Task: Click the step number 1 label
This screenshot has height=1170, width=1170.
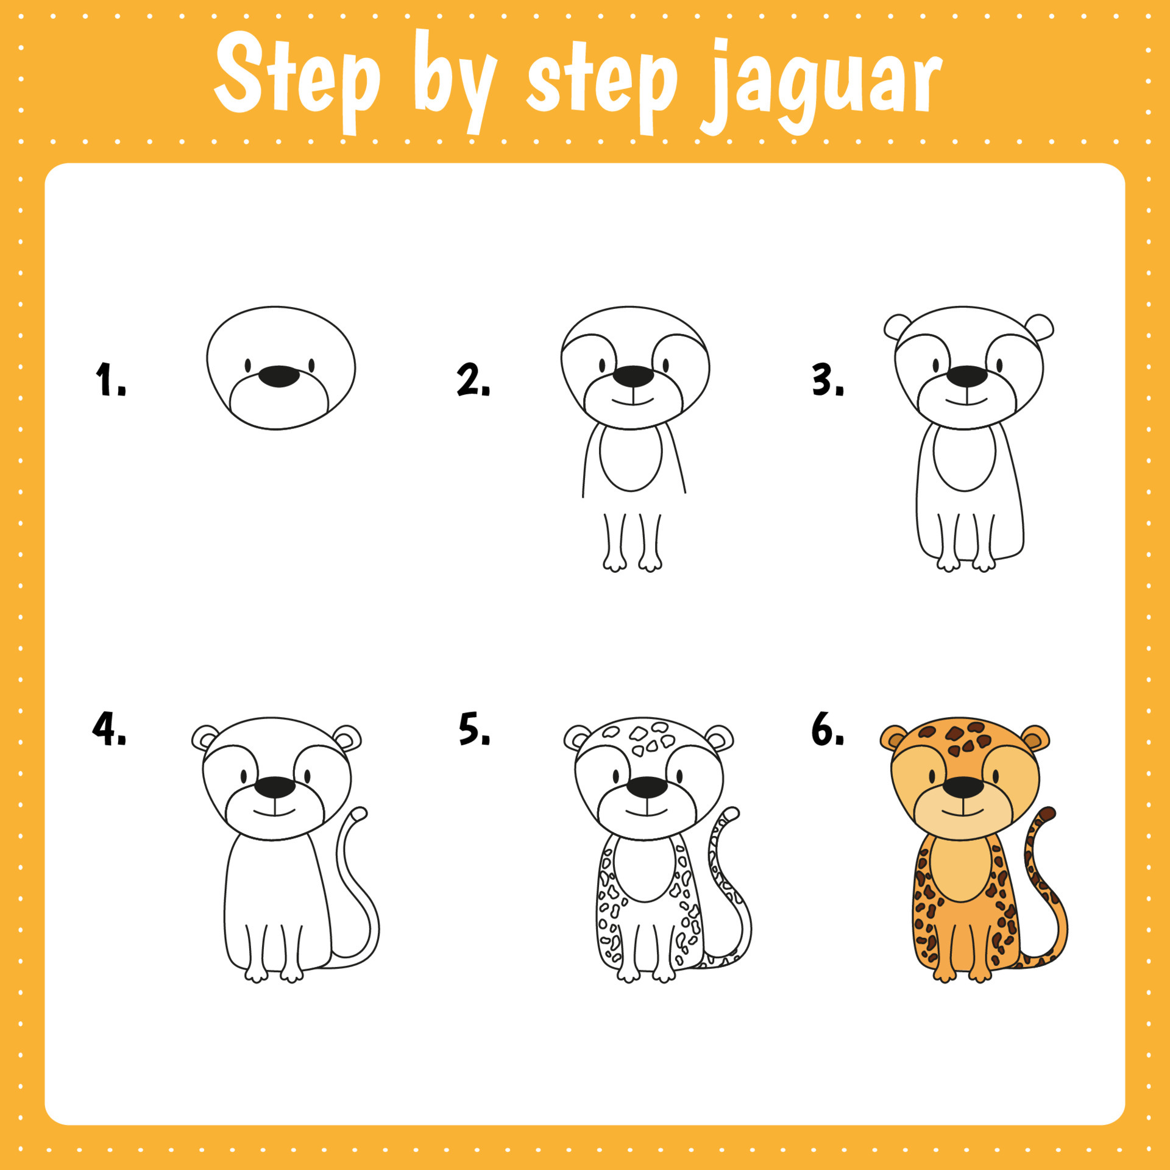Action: [110, 379]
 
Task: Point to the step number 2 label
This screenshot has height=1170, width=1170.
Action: [473, 379]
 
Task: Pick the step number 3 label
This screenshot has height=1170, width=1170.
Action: [828, 379]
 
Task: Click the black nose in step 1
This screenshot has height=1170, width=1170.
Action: [279, 376]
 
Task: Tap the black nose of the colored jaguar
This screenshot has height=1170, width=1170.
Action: [963, 787]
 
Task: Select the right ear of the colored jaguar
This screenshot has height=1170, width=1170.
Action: [1035, 738]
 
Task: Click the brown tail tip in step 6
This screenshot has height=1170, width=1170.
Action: [1047, 814]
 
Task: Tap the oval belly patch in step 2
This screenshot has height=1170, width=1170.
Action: [631, 457]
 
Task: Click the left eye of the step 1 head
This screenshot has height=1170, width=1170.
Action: [248, 365]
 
